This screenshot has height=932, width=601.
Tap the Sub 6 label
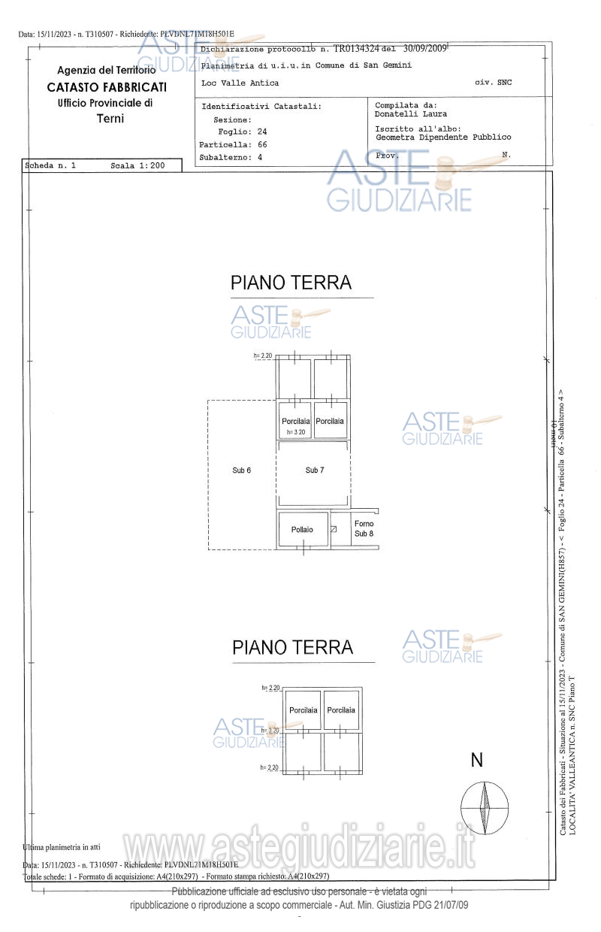coord(241,470)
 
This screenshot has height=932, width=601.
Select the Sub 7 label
coord(315,470)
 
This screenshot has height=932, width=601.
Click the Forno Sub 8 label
coord(364,528)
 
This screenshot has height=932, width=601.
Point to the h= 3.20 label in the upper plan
coord(295,432)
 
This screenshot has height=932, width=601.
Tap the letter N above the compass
coord(476,761)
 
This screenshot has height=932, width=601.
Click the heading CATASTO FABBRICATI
coord(107,87)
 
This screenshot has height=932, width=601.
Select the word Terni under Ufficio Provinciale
coord(110,119)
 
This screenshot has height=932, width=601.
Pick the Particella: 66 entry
coord(233,144)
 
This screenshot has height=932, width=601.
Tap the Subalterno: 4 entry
coord(231,158)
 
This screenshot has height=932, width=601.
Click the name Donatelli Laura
coord(410,114)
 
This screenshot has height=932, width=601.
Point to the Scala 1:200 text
coord(137,165)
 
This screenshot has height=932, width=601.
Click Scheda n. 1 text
coord(50,165)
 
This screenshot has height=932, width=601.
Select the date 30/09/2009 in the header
coord(424,48)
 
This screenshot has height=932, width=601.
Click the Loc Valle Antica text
coord(240,83)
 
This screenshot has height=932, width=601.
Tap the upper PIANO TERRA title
coord(291,283)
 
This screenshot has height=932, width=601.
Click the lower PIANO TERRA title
coord(292,647)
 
